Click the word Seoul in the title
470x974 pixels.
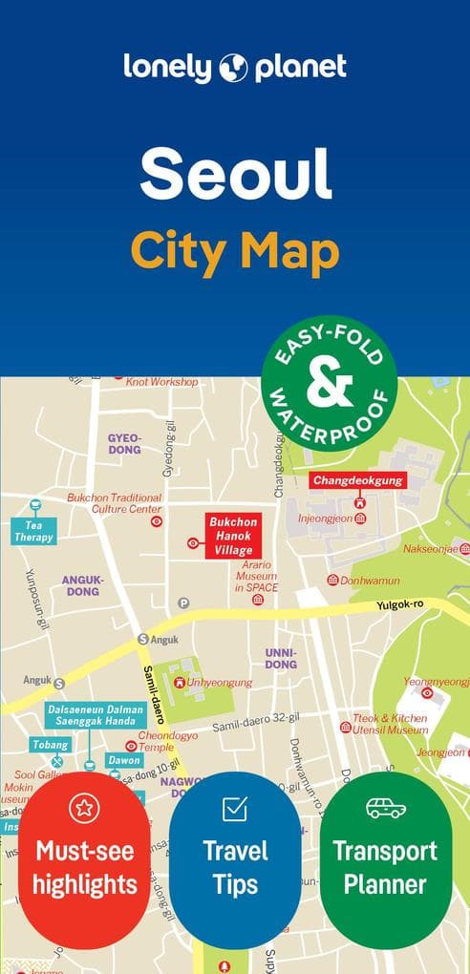(235, 175)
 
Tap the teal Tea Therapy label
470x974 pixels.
(32, 531)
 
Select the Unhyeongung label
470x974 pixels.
(220, 683)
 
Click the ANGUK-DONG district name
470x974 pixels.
(81, 585)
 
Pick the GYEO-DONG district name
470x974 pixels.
(124, 443)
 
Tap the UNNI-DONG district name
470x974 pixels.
(280, 658)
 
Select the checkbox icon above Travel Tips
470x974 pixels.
(235, 809)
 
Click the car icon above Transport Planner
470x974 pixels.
(386, 809)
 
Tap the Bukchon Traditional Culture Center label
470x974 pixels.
(115, 503)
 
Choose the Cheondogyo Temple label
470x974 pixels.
(168, 741)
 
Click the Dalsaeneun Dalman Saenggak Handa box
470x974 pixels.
(96, 715)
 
